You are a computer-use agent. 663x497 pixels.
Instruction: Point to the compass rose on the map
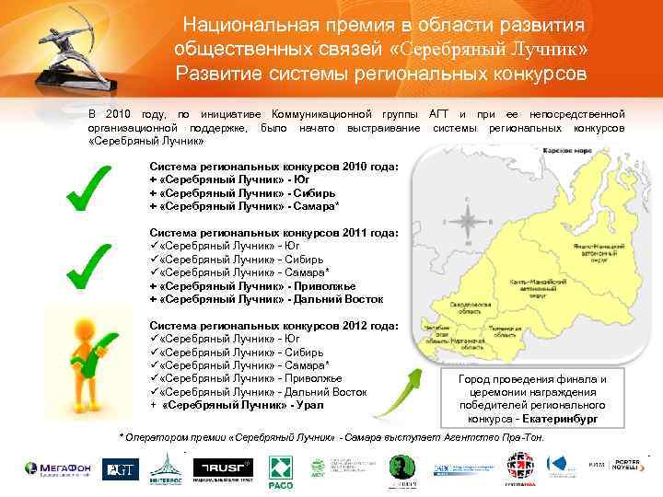(x=468, y=224)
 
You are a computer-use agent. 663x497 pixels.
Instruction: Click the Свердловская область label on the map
(x=448, y=311)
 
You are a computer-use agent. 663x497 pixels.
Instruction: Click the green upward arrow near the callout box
(x=401, y=398)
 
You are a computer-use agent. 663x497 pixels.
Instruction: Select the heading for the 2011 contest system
(x=273, y=234)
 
